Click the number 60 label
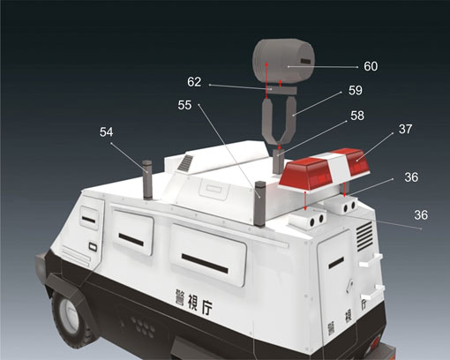[x=371, y=66]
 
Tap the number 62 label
[x=194, y=82]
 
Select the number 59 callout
[x=356, y=91]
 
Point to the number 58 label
[x=357, y=116]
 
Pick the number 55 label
[x=184, y=105]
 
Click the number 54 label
[x=106, y=132]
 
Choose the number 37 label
[x=405, y=129]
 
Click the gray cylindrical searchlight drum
[x=283, y=60]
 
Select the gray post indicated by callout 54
[x=147, y=179]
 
